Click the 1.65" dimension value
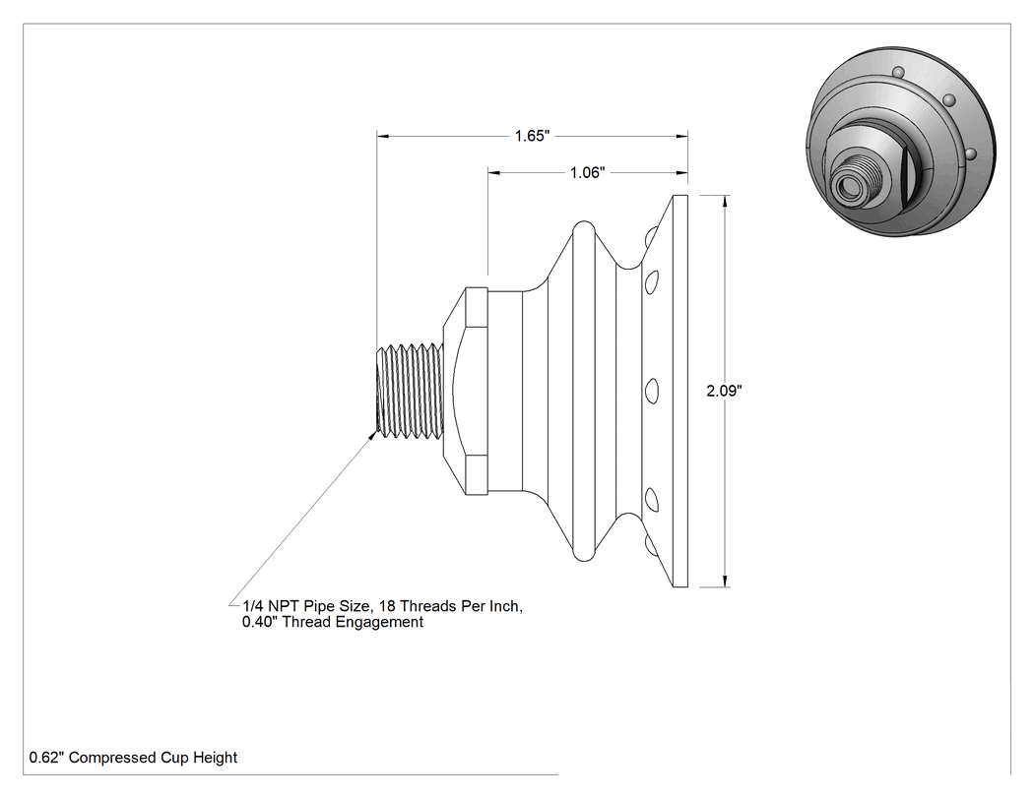(x=532, y=136)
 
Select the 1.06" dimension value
(x=587, y=172)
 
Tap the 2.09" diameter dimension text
(x=724, y=391)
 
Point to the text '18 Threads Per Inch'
(x=449, y=606)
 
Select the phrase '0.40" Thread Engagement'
(x=333, y=622)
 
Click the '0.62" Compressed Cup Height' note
(x=133, y=758)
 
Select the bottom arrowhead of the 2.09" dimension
(x=726, y=580)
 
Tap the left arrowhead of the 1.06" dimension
(x=494, y=172)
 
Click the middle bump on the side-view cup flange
(x=651, y=390)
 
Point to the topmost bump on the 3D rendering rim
(x=898, y=71)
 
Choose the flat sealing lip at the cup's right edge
(x=679, y=391)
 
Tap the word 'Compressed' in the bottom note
(x=113, y=758)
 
